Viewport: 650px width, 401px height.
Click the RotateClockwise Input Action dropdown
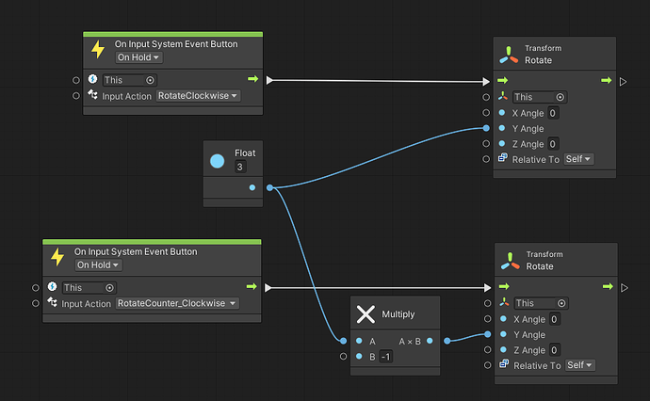[x=198, y=96]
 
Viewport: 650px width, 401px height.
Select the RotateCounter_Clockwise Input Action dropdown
[x=177, y=303]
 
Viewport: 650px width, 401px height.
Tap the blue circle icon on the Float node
[x=218, y=161]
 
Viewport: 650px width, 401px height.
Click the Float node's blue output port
[x=252, y=187]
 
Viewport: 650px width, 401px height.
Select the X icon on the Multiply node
[x=366, y=314]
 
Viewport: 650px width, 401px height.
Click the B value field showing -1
[x=386, y=357]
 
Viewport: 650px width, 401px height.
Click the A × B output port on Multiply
[x=431, y=341]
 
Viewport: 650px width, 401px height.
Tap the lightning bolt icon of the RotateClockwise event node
[x=97, y=50]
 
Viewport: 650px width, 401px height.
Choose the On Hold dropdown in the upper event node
[x=138, y=58]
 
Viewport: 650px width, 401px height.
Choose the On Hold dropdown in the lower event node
[x=98, y=265]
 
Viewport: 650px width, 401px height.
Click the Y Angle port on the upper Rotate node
[x=486, y=128]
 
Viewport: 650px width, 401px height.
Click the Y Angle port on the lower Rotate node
[x=486, y=334]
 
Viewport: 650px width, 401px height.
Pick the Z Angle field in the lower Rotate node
[x=554, y=350]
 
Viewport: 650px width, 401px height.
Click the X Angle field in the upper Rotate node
[x=554, y=113]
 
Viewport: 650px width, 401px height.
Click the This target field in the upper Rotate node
[x=540, y=97]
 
